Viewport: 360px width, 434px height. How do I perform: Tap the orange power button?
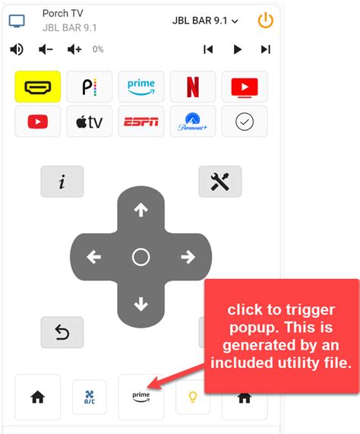pos(265,21)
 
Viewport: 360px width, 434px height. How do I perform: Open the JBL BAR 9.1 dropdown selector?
pos(205,21)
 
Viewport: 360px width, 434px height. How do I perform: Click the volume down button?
pos(46,49)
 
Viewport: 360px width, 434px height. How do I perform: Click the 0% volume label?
pos(98,49)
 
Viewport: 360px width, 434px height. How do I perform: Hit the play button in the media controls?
pos(237,49)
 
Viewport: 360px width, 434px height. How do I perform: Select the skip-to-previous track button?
pos(208,49)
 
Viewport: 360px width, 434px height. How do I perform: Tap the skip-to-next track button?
pos(265,49)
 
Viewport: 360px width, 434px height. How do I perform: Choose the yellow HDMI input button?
pos(38,87)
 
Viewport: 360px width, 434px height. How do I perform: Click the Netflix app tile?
pos(193,87)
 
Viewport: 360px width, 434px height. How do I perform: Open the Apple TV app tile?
pos(90,122)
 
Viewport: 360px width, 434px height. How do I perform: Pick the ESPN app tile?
pos(141,122)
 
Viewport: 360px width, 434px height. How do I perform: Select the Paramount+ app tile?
pos(193,122)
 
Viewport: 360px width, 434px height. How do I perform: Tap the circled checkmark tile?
pos(245,122)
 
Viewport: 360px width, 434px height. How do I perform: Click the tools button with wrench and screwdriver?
pos(220,182)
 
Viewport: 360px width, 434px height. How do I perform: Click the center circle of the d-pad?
pos(141,257)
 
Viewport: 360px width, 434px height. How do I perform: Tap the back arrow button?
pos(62,332)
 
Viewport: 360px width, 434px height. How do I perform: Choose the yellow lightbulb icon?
pos(193,397)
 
